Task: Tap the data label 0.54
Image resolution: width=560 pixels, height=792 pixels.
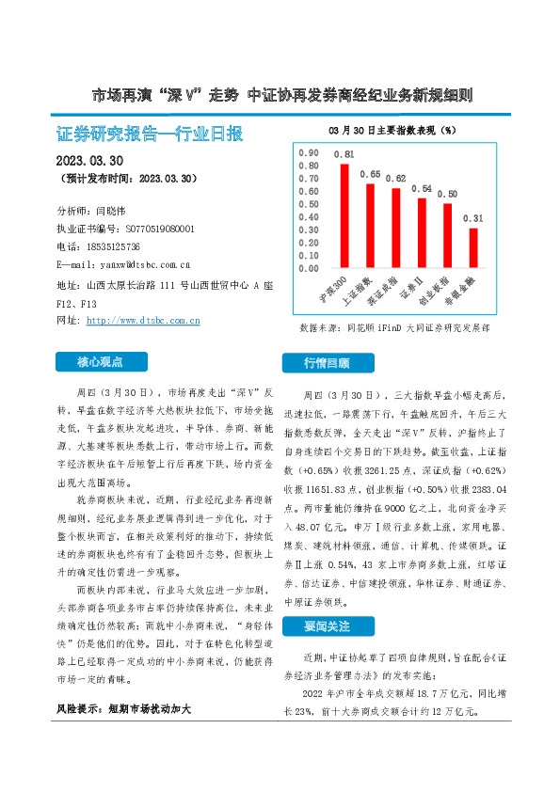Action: (423, 188)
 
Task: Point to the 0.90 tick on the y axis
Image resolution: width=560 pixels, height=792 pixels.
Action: (307, 152)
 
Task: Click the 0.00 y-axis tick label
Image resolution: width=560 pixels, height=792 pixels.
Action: (307, 268)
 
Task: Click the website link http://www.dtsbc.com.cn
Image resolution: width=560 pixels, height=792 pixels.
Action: (143, 321)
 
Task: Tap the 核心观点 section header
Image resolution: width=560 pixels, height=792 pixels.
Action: (106, 360)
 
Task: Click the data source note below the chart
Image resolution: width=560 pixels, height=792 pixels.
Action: (394, 328)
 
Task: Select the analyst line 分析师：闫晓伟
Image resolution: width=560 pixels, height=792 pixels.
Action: (95, 211)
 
